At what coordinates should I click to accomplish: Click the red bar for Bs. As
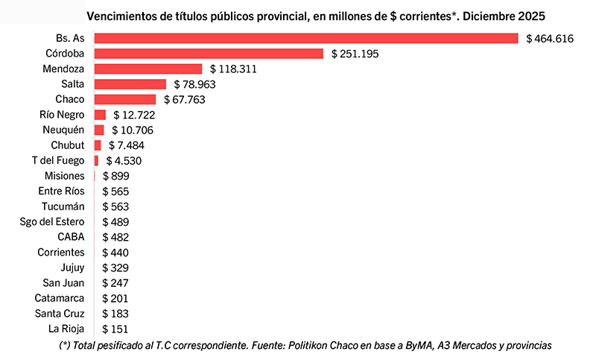306,38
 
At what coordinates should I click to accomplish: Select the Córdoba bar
209,54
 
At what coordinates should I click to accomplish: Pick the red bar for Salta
130,84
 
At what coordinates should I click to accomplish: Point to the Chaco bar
125,99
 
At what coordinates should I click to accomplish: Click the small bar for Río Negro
100,115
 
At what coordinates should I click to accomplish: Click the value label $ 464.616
549,38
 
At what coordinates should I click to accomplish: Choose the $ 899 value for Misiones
116,176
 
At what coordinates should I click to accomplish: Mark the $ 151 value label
116,329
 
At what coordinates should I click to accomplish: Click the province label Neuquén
63,130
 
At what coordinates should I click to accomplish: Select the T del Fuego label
58,160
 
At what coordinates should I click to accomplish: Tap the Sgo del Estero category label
52,221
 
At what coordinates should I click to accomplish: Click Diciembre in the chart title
485,16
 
